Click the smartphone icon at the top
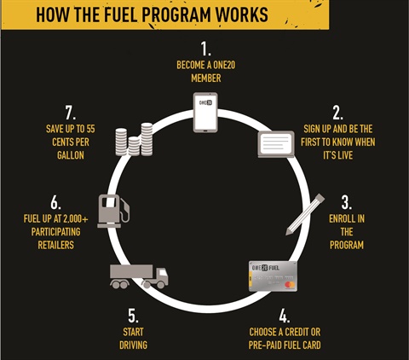point(205,113)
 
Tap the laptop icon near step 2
point(276,144)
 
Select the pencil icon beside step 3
point(305,214)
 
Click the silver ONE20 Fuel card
point(273,276)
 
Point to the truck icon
point(139,276)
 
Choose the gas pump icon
point(113,211)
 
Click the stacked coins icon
point(134,139)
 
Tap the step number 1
point(206,49)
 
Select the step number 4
point(285,316)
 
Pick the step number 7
point(71,113)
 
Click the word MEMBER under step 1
point(206,78)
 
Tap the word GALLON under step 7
point(71,155)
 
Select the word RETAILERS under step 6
point(56,245)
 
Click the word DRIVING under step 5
point(133,345)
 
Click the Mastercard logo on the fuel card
point(290,284)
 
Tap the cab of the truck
point(161,276)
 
